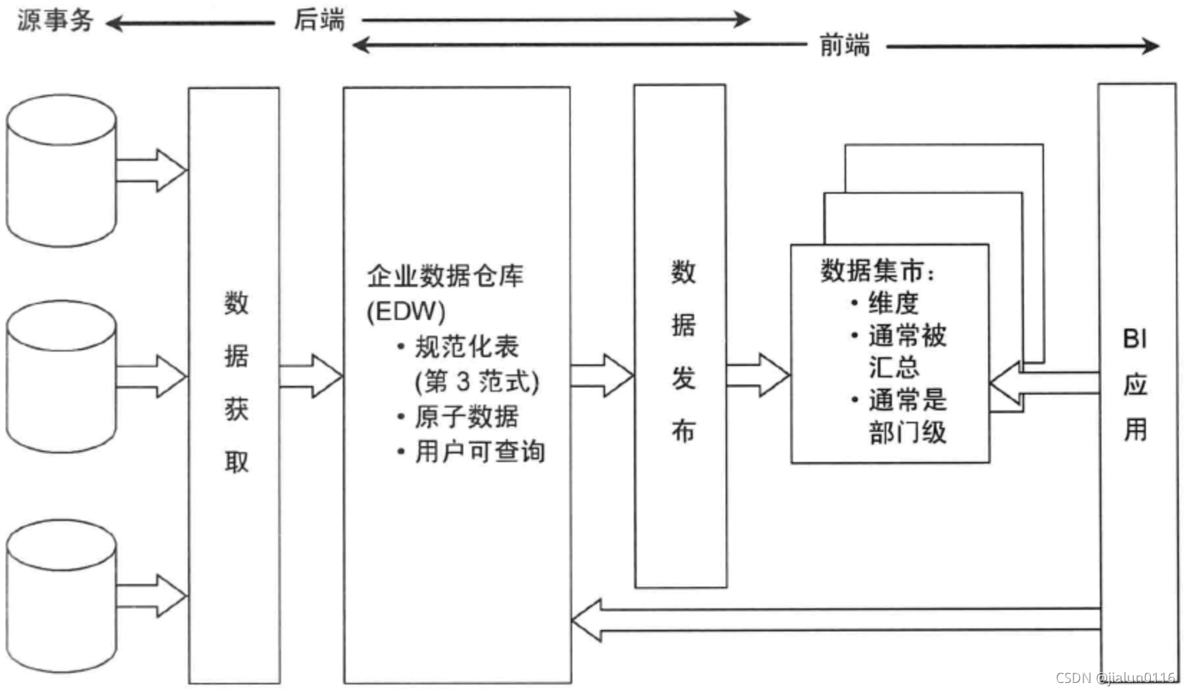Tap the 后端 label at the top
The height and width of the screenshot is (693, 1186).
tap(319, 19)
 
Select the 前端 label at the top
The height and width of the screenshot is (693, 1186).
tap(845, 46)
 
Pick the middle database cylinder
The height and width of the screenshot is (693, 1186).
tap(61, 376)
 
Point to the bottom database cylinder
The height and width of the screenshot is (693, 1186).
tap(61, 595)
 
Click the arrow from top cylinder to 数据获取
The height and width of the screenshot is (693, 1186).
tap(151, 171)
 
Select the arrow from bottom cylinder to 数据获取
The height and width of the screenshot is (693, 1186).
tap(151, 595)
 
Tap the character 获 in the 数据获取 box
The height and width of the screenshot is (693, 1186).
tap(236, 409)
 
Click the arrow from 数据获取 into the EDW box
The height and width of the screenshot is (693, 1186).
tap(310, 376)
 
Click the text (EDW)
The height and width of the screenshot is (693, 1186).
tap(406, 311)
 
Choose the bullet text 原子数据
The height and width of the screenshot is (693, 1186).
tap(466, 417)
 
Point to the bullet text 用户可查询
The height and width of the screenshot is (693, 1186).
tap(480, 452)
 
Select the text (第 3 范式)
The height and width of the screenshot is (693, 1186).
tap(477, 381)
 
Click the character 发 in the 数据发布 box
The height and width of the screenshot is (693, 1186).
tap(683, 377)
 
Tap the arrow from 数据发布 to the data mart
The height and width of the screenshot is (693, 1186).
tap(757, 375)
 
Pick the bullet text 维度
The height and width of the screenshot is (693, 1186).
tap(893, 303)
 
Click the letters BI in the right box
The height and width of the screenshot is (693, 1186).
tap(1135, 338)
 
